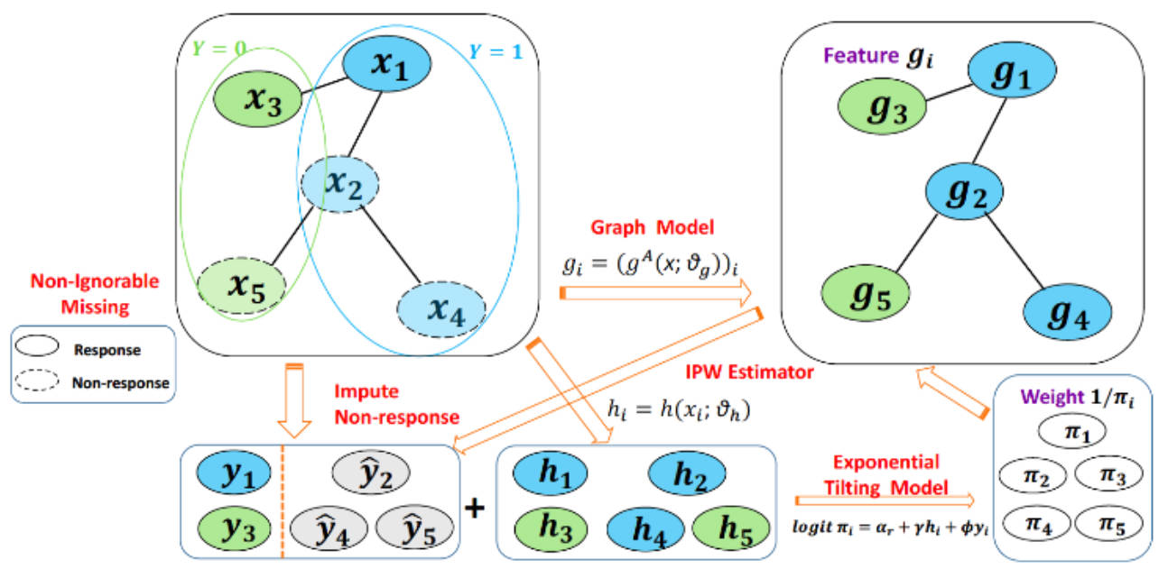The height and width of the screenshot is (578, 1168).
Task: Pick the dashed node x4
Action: [x=440, y=312]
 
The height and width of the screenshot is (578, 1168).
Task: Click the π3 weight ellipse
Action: [x=1108, y=473]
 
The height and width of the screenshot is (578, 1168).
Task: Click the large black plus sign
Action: [x=474, y=509]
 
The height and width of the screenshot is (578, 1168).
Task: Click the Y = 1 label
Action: [x=495, y=51]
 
